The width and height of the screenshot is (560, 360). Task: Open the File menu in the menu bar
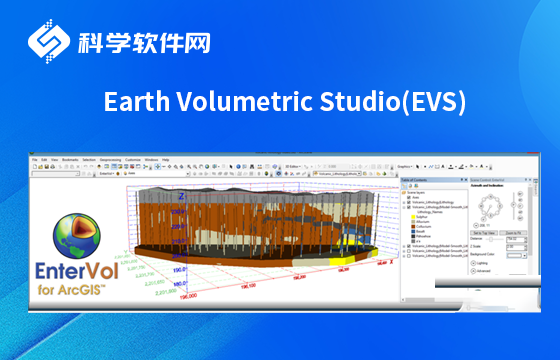click(x=34, y=160)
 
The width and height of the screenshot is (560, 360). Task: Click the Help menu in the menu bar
click(x=166, y=160)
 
